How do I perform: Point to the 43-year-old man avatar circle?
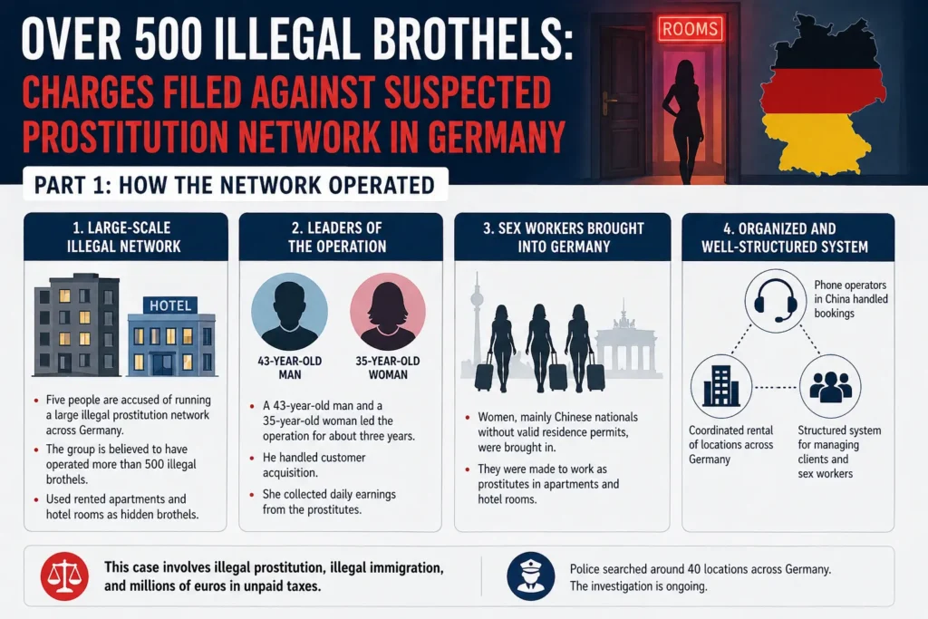[289, 311]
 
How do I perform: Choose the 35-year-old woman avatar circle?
[387, 311]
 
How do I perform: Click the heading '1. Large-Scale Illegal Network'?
[125, 237]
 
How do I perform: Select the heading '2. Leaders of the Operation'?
[340, 237]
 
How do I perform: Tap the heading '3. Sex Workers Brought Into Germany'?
[563, 237]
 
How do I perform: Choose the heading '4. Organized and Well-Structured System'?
[788, 237]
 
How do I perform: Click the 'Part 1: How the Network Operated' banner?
[234, 185]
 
